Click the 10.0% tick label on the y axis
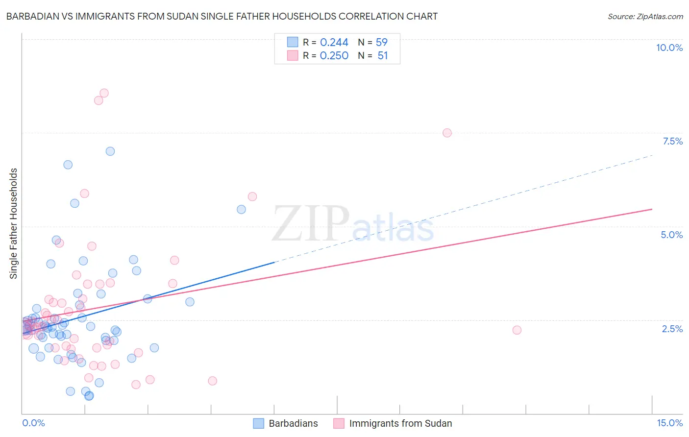tap(669, 48)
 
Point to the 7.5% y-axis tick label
tap(672, 141)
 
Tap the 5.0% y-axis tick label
tap(671, 235)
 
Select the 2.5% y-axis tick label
tap(672, 329)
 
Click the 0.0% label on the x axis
tap(33, 423)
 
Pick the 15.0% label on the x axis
tap(669, 423)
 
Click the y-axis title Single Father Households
tap(14, 223)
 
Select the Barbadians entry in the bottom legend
tap(293, 423)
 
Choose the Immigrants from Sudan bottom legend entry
tap(400, 423)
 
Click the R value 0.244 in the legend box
tap(334, 43)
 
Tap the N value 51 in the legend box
tap(383, 56)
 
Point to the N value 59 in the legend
tap(381, 43)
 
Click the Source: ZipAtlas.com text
tap(645, 17)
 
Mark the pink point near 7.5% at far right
tap(447, 133)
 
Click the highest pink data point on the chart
tap(104, 93)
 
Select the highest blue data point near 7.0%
tap(110, 151)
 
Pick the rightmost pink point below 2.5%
tap(517, 330)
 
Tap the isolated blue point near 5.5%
tap(241, 210)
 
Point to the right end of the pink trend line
tap(652, 209)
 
